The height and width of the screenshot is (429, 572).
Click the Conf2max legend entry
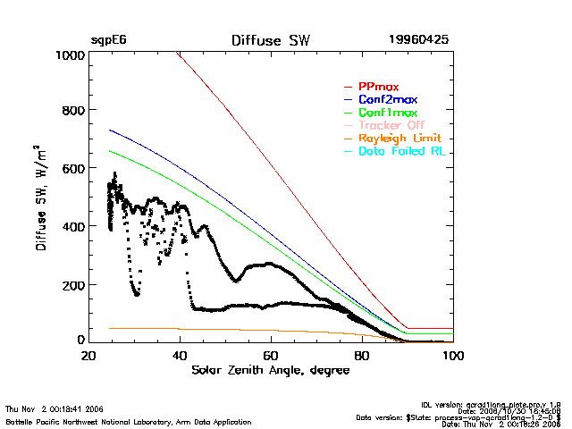coord(387,99)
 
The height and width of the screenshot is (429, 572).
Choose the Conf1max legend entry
coord(387,113)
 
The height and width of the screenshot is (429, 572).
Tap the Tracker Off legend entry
coord(391,126)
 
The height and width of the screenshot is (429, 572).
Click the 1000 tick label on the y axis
coord(70,55)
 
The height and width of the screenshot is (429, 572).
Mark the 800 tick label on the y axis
coord(73,111)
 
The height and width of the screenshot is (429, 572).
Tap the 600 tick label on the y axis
coord(73,169)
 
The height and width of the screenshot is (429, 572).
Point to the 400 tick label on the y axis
coord(73,226)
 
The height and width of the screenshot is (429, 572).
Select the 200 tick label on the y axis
coord(73,284)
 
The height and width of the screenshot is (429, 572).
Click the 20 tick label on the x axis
coord(88,355)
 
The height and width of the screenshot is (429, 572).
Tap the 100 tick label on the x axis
coord(453,355)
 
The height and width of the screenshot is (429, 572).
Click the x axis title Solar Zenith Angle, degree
coord(271,369)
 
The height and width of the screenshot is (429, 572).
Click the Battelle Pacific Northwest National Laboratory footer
coord(129,421)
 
